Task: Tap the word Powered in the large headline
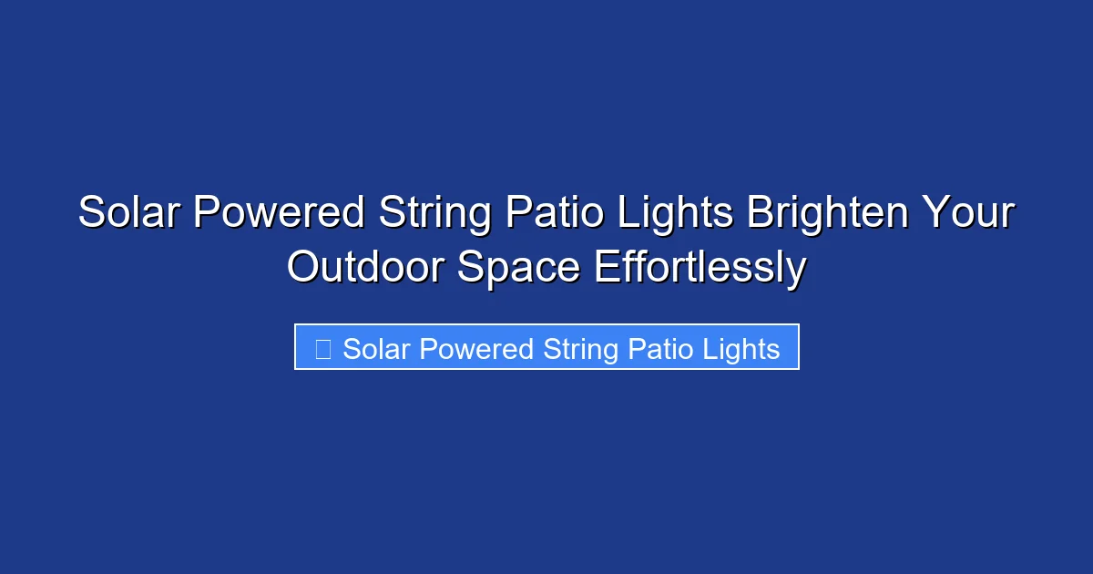(279, 214)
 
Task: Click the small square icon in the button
(322, 349)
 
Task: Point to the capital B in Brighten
(761, 214)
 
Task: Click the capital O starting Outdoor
(305, 268)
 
